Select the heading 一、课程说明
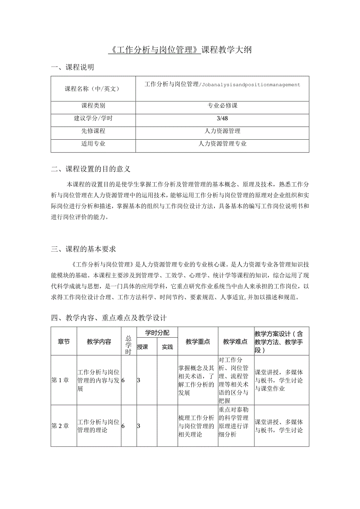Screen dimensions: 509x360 pyautogui.click(x=72, y=67)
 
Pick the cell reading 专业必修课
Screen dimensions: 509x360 pyautogui.click(x=222, y=106)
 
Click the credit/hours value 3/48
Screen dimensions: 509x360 pyautogui.click(x=222, y=118)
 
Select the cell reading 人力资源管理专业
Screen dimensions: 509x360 pyautogui.click(x=222, y=144)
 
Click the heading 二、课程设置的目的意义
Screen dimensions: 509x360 pyautogui.click(x=90, y=169)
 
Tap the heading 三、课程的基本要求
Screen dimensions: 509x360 pyautogui.click(x=83, y=249)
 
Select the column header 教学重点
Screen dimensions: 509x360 pyautogui.click(x=198, y=342)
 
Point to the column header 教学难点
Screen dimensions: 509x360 pyautogui.click(x=235, y=342)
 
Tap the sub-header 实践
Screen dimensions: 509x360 pyautogui.click(x=167, y=347)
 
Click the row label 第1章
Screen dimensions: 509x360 pyautogui.click(x=60, y=380)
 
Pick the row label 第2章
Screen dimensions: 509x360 pyautogui.click(x=60, y=426)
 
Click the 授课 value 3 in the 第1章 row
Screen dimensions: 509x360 pyautogui.click(x=139, y=380)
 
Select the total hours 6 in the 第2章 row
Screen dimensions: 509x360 pyautogui.click(x=123, y=426)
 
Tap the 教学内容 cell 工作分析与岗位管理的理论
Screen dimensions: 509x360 pyautogui.click(x=98, y=426)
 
